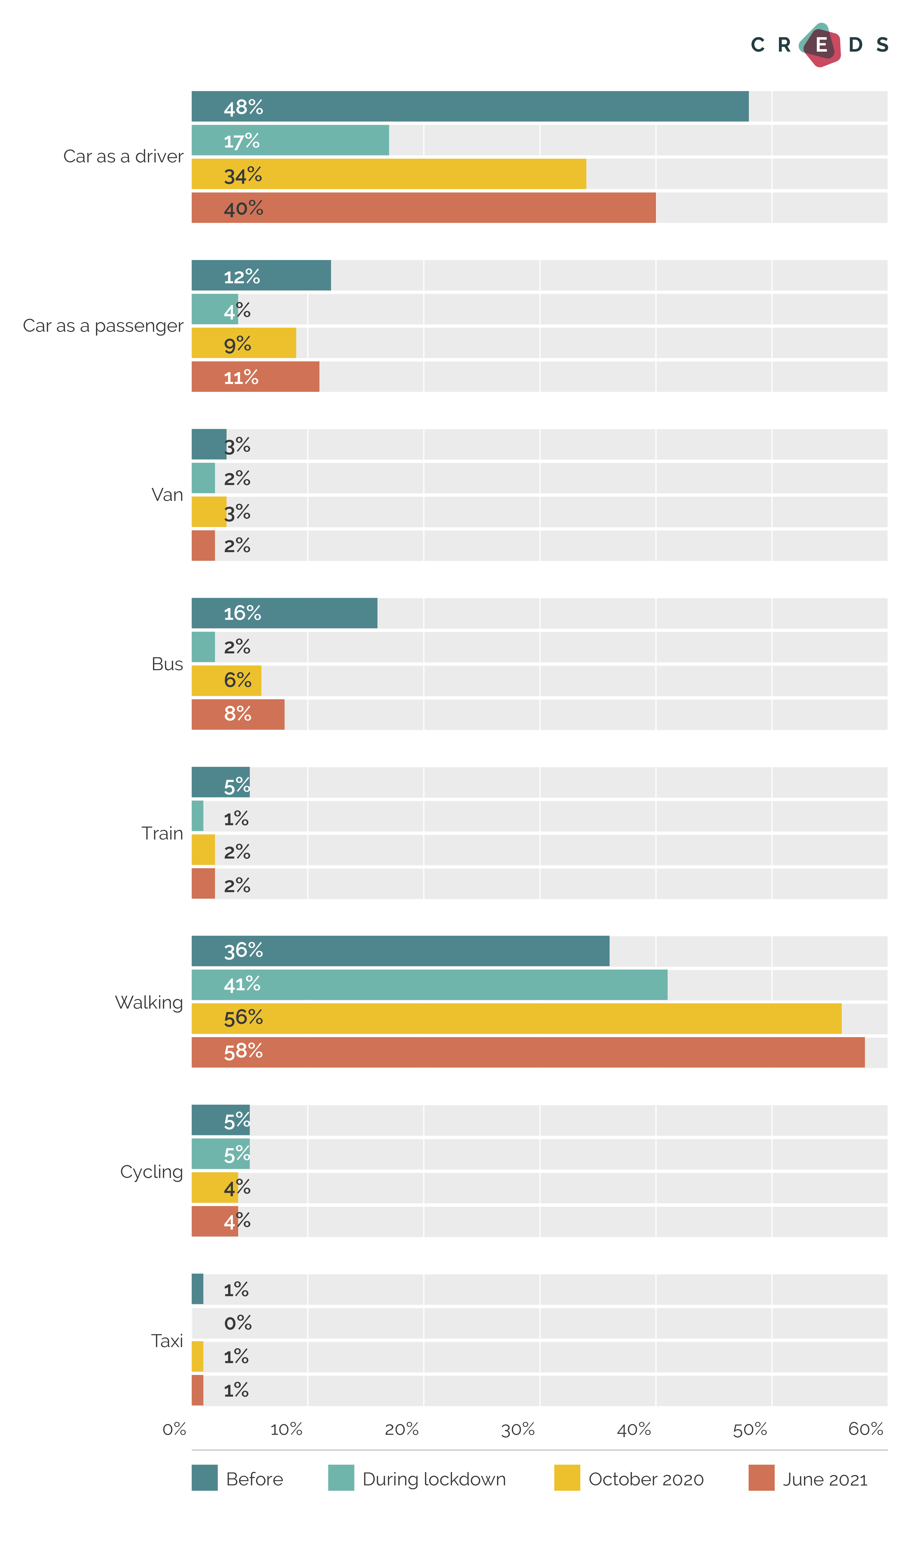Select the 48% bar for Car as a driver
[470, 106]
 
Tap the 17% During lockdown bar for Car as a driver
[290, 140]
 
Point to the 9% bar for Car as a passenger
[244, 343]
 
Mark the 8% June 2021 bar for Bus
[238, 714]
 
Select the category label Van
[167, 495]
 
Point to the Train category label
[162, 833]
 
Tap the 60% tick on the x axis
[865, 1429]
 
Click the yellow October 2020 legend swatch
[567, 1478]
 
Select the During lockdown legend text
[434, 1479]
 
